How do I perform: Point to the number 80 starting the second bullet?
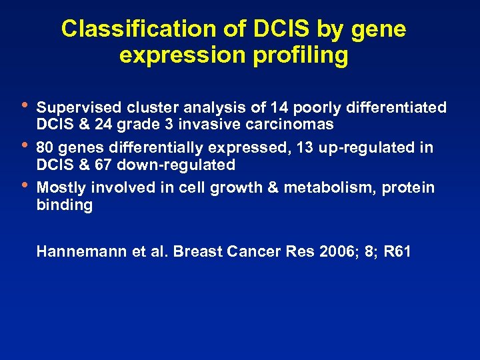coord(45,147)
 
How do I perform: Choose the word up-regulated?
coord(382,147)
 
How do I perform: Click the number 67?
coord(105,165)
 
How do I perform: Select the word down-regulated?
coord(177,165)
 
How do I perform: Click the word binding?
coord(64,205)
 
